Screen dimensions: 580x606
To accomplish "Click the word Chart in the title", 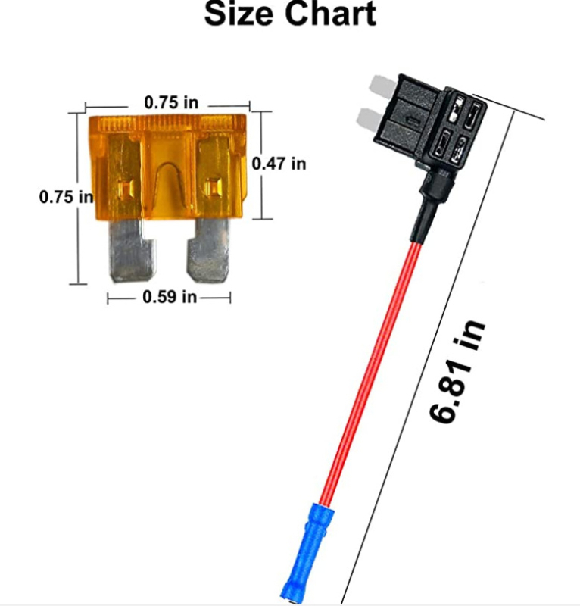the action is (x=330, y=14).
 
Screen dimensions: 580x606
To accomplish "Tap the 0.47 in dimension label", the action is (x=279, y=164).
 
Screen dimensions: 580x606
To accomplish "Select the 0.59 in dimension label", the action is (x=170, y=297).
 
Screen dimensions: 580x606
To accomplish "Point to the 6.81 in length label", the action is (x=457, y=371).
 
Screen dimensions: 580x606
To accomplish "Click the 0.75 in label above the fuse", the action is (x=171, y=102).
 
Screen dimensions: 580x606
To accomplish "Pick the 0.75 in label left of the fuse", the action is (x=66, y=197).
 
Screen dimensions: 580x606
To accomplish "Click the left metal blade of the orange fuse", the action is (x=132, y=250).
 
